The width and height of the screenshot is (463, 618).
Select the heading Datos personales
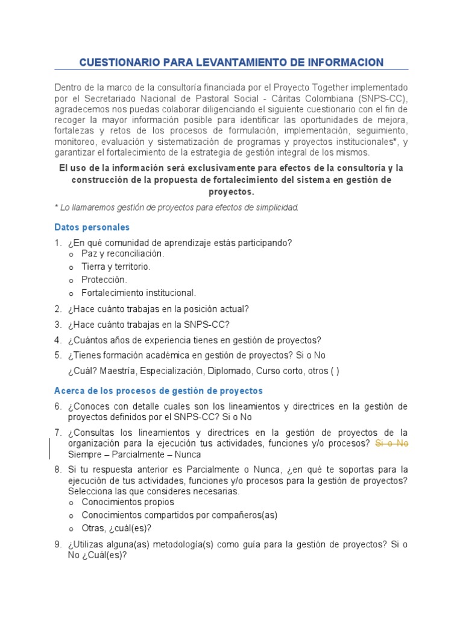[x=92, y=228]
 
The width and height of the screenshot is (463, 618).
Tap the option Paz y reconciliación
[x=122, y=253]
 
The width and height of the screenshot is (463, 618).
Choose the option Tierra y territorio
[x=116, y=267]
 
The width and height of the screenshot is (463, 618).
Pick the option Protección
[x=104, y=280]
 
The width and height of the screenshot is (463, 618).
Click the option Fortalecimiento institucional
[x=139, y=293]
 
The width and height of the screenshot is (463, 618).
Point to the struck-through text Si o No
[x=392, y=443]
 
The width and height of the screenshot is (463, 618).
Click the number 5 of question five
[x=57, y=355]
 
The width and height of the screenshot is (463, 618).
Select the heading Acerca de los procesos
[x=159, y=391]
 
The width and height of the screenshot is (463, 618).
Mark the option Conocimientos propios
[x=128, y=502]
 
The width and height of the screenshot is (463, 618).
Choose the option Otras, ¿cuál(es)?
[x=116, y=528]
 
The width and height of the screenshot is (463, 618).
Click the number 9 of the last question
[x=57, y=544]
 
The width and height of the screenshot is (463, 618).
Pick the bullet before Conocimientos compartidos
[x=71, y=515]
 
